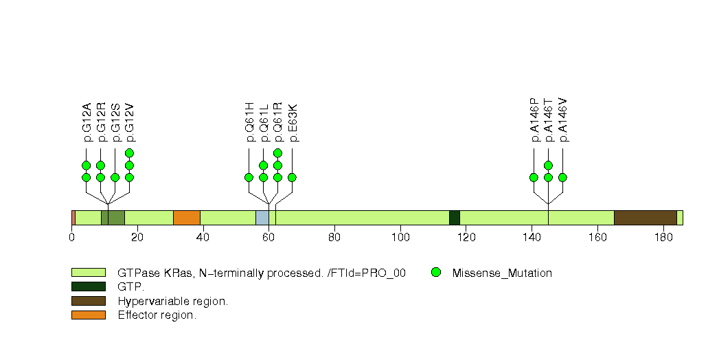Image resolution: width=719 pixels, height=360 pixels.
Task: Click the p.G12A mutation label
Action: pyautogui.click(x=87, y=123)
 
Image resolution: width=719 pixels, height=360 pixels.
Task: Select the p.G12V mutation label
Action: pyautogui.click(x=130, y=123)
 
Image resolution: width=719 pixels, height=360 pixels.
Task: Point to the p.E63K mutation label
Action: pyautogui.click(x=293, y=123)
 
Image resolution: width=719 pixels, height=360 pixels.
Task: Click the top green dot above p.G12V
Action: pyautogui.click(x=129, y=153)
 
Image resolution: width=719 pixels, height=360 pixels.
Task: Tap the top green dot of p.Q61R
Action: pyautogui.click(x=277, y=153)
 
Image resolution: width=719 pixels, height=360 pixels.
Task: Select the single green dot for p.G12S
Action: pyautogui.click(x=115, y=177)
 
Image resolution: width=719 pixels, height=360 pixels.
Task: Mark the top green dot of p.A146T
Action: pyautogui.click(x=548, y=165)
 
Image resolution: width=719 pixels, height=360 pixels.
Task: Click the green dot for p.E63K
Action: pyautogui.click(x=292, y=177)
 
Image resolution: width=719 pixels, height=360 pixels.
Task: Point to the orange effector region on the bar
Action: pyautogui.click(x=186, y=218)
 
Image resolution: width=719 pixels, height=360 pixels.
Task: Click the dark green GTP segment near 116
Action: pyautogui.click(x=454, y=218)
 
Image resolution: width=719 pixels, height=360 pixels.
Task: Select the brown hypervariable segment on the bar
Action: pyautogui.click(x=645, y=218)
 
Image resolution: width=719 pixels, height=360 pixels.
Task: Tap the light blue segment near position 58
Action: pyautogui.click(x=262, y=218)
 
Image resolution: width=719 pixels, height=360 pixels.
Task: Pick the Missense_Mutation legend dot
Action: pyautogui.click(x=435, y=273)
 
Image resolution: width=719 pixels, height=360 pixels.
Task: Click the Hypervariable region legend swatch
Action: pyautogui.click(x=88, y=301)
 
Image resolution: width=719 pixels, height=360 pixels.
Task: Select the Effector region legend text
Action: pyautogui.click(x=157, y=315)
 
